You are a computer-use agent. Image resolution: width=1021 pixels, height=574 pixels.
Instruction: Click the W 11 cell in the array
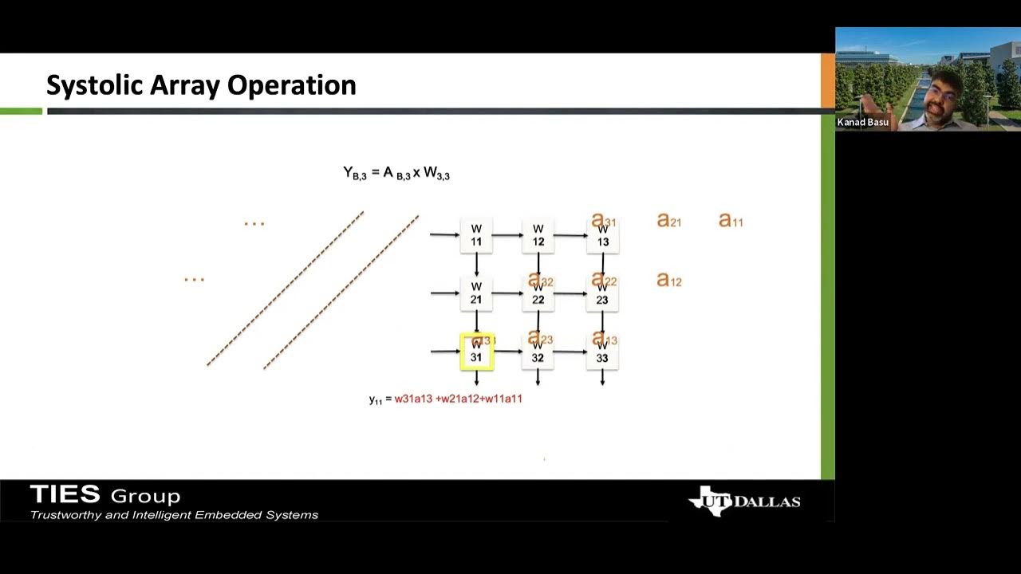(x=476, y=235)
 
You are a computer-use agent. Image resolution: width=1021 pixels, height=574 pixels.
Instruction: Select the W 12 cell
(x=538, y=235)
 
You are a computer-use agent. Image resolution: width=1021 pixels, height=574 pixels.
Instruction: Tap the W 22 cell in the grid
(x=538, y=294)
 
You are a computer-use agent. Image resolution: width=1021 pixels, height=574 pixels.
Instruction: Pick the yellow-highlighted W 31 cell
(x=477, y=352)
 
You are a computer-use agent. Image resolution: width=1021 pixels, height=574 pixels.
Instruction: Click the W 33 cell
(x=602, y=352)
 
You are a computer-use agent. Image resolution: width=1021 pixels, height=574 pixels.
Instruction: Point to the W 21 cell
(x=476, y=293)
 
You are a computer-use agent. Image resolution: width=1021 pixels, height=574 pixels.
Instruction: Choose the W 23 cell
(x=602, y=294)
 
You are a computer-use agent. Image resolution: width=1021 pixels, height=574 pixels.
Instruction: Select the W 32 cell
(x=538, y=352)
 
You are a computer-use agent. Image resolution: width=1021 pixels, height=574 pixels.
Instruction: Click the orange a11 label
(x=731, y=220)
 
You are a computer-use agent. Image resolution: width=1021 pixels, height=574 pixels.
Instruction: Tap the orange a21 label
(x=668, y=220)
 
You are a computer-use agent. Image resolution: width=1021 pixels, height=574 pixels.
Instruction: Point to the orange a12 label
(x=668, y=280)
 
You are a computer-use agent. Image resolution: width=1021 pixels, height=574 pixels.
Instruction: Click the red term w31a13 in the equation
(x=413, y=398)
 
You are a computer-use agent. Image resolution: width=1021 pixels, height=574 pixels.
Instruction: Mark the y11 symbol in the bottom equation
(x=375, y=399)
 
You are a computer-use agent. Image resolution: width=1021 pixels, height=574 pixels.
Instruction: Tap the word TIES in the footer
(x=65, y=495)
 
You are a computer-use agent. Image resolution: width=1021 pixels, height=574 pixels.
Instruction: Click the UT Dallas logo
(x=744, y=501)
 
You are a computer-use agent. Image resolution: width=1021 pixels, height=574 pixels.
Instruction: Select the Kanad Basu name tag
(x=863, y=122)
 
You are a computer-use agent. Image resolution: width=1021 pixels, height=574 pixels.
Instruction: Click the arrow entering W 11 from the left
(x=444, y=234)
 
